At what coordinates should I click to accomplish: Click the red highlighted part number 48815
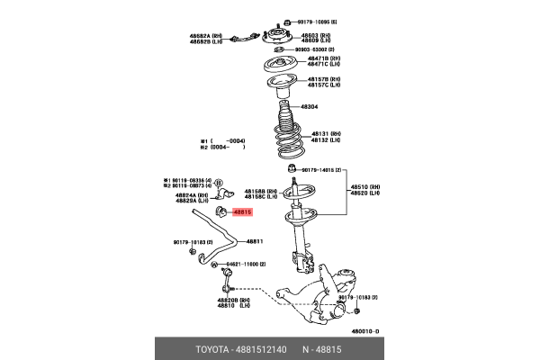point(243,213)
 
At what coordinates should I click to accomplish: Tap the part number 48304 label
point(309,106)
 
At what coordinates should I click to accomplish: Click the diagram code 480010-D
point(365,331)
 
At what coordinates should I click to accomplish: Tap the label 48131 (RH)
point(325,132)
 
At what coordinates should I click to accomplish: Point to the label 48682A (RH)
point(204,35)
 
